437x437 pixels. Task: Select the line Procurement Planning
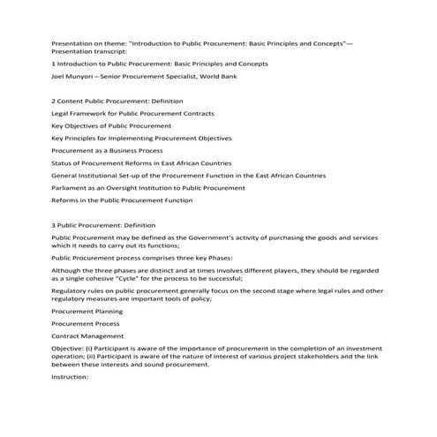point(87,311)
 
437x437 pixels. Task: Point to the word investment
point(369,348)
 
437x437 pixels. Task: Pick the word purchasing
point(290,237)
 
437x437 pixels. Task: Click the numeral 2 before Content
point(54,102)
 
